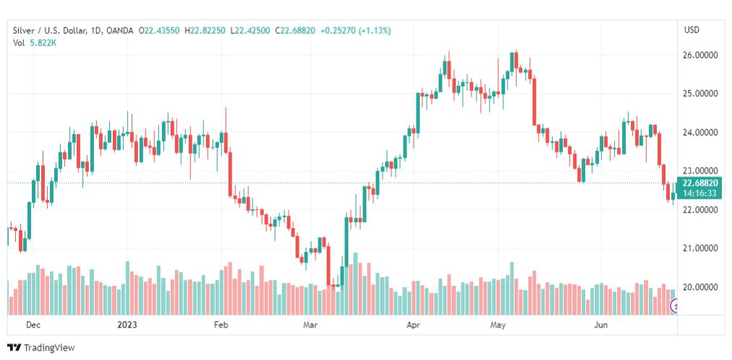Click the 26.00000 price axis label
pos(699,55)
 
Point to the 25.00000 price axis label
pos(699,94)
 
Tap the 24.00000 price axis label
pos(699,133)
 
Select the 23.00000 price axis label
pos(699,171)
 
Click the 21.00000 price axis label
pos(699,249)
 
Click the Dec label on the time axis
pos(33,325)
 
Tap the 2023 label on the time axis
pos(127,325)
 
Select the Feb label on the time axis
pos(221,325)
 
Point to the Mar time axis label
pos(311,325)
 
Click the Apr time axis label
pos(414,325)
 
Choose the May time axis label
pos(498,325)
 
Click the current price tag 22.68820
pos(699,183)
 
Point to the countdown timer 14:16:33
pos(699,193)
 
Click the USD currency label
pos(691,30)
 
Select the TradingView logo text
pos(49,348)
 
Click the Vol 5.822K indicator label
pos(35,43)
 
